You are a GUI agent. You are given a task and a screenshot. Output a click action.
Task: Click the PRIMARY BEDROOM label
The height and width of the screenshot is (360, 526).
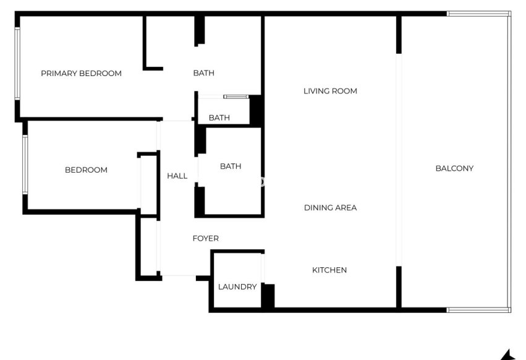click(81, 74)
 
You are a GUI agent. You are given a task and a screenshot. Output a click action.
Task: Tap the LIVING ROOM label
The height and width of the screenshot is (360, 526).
click(330, 92)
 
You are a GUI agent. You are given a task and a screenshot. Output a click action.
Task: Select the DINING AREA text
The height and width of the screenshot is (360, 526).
click(330, 208)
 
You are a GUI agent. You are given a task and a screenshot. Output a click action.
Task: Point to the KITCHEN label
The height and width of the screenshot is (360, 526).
click(329, 270)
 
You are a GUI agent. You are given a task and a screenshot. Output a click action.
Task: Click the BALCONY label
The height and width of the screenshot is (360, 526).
click(454, 168)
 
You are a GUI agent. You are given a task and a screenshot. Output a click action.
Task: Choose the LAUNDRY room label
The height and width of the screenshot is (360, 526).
click(237, 287)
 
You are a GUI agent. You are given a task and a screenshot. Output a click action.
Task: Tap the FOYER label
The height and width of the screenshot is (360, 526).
click(205, 239)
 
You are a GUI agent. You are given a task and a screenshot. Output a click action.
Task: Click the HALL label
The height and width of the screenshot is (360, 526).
click(177, 176)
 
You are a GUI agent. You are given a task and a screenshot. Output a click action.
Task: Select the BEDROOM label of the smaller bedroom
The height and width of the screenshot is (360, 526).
click(86, 170)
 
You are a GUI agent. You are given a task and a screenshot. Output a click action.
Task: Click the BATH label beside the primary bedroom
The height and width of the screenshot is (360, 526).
click(203, 73)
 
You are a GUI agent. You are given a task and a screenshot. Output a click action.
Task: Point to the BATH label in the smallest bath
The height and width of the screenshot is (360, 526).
click(219, 118)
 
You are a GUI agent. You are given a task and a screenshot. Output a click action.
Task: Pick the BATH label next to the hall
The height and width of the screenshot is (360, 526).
click(231, 166)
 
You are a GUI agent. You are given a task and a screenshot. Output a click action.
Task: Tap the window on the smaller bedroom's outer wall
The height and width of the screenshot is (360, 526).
click(25, 165)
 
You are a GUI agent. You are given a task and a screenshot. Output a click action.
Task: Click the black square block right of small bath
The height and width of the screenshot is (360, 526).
click(256, 111)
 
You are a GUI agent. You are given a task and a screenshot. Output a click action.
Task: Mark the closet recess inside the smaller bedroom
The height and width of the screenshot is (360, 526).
click(148, 183)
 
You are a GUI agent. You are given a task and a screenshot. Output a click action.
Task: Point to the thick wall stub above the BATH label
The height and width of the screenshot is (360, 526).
click(200, 30)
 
